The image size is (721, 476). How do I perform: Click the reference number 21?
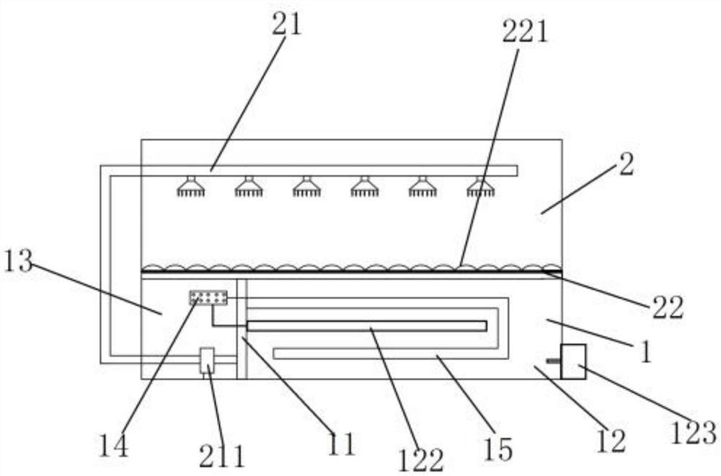286,24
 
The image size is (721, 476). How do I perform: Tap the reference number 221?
524,32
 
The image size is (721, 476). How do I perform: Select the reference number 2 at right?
626,165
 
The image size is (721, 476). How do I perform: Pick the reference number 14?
115,445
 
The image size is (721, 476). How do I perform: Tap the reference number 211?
223,455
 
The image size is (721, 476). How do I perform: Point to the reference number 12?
609,440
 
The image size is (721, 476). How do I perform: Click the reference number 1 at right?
646,353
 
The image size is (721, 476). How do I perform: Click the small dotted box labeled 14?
208,297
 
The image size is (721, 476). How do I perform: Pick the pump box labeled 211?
207,360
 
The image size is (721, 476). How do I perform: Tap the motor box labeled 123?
573,361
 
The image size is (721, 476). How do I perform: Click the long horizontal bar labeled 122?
366,326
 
